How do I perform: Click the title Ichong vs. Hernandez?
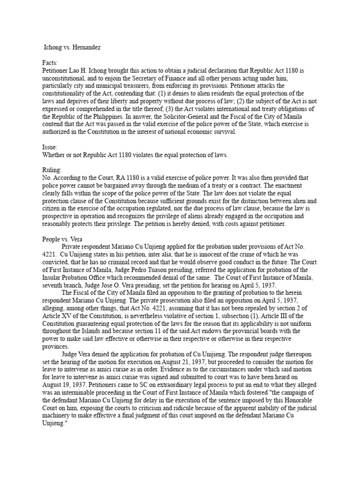tap(72, 48)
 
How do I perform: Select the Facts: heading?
tap(50, 63)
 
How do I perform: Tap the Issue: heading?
tap(50, 147)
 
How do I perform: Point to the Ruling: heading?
tap(52, 170)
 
